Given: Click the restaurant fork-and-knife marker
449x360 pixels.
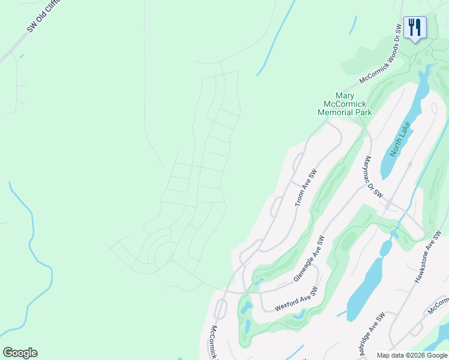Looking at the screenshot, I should pyautogui.click(x=415, y=28).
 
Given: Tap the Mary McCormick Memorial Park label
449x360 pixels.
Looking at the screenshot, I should pyautogui.click(x=345, y=104).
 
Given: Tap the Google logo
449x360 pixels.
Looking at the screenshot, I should pyautogui.click(x=20, y=353).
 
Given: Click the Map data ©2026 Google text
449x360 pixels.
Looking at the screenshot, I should pyautogui.click(x=411, y=355).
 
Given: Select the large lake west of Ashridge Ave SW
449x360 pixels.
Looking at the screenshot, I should pyautogui.click(x=366, y=291).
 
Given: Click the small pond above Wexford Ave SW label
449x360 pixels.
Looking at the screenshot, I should pyautogui.click(x=259, y=281).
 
